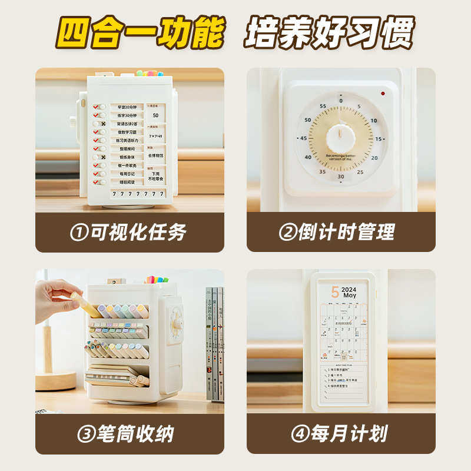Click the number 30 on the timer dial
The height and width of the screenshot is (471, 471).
click(341, 177)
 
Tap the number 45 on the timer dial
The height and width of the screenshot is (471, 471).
click(304, 138)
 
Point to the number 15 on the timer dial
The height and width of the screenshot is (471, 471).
click(379, 139)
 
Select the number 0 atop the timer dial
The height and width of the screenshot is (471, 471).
click(341, 101)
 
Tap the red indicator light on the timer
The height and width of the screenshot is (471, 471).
click(383, 94)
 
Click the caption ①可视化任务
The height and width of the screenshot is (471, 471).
click(129, 232)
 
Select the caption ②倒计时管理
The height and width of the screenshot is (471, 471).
click(341, 232)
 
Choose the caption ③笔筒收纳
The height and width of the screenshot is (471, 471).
click(129, 434)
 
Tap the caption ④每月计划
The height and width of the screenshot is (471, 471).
click(341, 434)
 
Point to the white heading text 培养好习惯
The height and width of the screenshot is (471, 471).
click(330, 32)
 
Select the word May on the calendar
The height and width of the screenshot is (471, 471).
click(350, 296)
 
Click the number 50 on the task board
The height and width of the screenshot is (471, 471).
click(155, 115)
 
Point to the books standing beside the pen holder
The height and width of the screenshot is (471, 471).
click(214, 341)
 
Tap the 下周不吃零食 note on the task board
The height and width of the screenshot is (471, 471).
click(156, 175)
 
